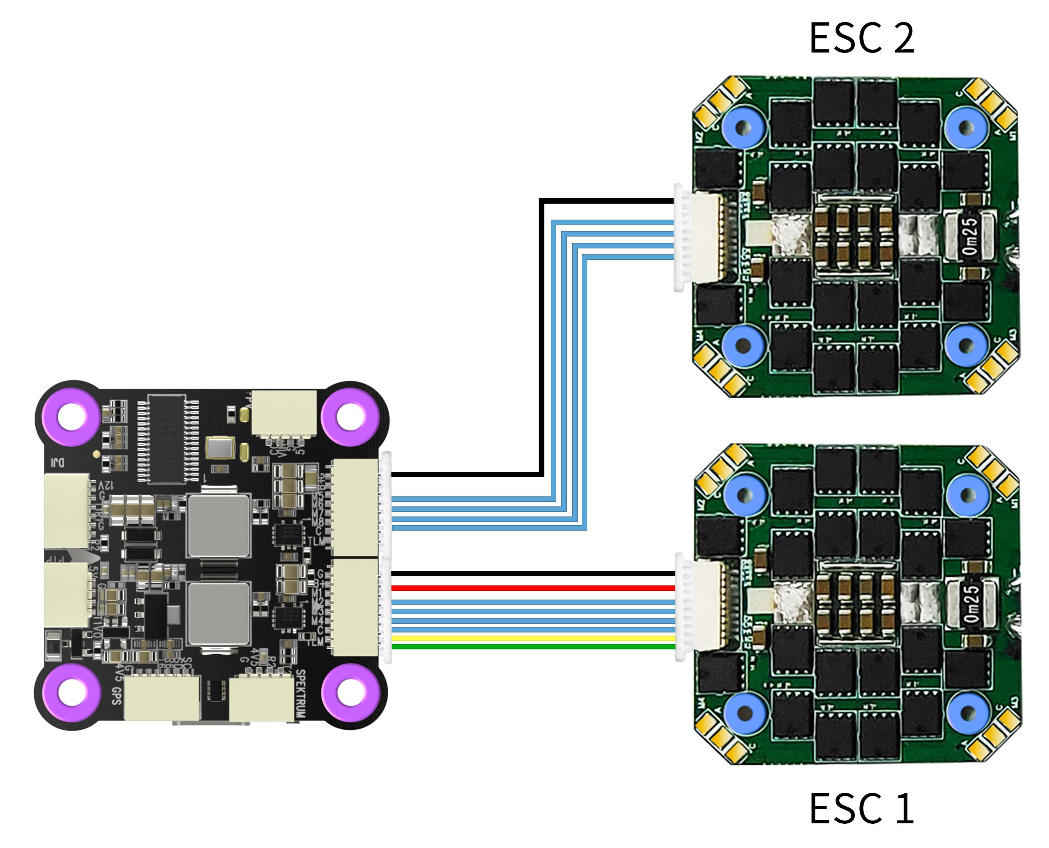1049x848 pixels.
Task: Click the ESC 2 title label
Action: coord(861,38)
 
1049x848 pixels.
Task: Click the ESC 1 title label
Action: coord(861,809)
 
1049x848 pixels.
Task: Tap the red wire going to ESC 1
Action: coord(532,588)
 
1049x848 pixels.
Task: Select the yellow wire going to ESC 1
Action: coord(532,638)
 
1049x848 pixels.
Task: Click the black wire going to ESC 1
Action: coord(532,574)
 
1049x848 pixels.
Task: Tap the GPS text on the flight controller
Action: coord(116,695)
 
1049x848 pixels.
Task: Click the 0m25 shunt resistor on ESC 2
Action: coord(970,236)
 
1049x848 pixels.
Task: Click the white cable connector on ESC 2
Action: coord(699,238)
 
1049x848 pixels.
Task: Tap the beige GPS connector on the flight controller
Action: coord(162,698)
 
